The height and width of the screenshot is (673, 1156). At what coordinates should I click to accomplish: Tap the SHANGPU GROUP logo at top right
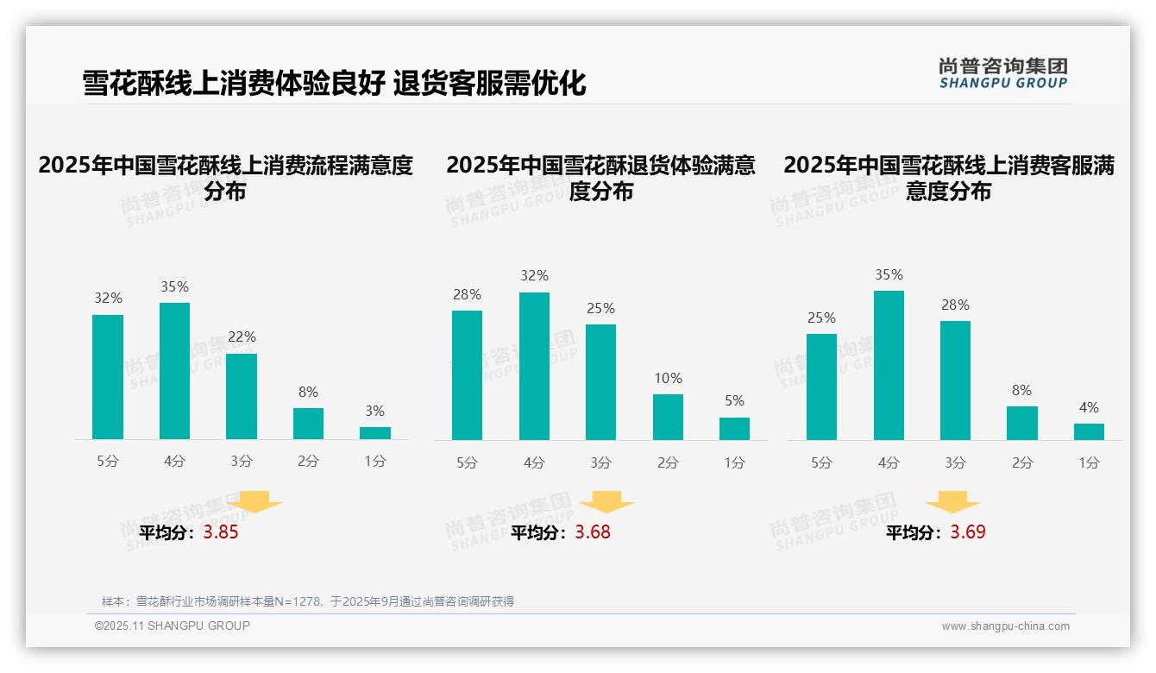(x=1002, y=73)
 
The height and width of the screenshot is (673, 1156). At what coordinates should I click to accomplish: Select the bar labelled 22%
(x=242, y=396)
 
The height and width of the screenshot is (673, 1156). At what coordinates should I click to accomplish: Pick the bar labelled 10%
(x=668, y=418)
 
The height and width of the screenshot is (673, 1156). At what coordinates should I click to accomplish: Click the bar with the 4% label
(x=1089, y=431)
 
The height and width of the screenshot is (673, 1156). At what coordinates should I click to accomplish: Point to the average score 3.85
(x=221, y=532)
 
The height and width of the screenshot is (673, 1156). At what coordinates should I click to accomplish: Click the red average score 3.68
(x=593, y=532)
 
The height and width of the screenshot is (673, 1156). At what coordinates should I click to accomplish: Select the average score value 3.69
(x=968, y=532)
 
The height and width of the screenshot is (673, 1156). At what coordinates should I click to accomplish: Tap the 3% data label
(x=374, y=412)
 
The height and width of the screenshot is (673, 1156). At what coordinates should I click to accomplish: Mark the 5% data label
(x=734, y=401)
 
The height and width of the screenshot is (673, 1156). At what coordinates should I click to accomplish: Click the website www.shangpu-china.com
(x=1005, y=626)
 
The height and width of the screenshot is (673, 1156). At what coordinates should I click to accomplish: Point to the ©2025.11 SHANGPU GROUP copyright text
(x=173, y=626)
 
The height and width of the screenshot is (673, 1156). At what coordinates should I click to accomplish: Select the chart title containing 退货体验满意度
(x=601, y=178)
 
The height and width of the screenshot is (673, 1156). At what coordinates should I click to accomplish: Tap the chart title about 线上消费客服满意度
(x=949, y=178)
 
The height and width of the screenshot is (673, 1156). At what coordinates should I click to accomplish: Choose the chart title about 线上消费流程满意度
(x=226, y=178)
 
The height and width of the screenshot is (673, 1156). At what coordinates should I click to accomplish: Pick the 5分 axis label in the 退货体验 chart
(x=467, y=463)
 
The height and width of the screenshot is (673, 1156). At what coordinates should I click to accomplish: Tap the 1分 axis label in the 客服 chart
(x=1089, y=463)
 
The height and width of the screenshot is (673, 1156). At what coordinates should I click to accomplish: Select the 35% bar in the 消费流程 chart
(x=175, y=371)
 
